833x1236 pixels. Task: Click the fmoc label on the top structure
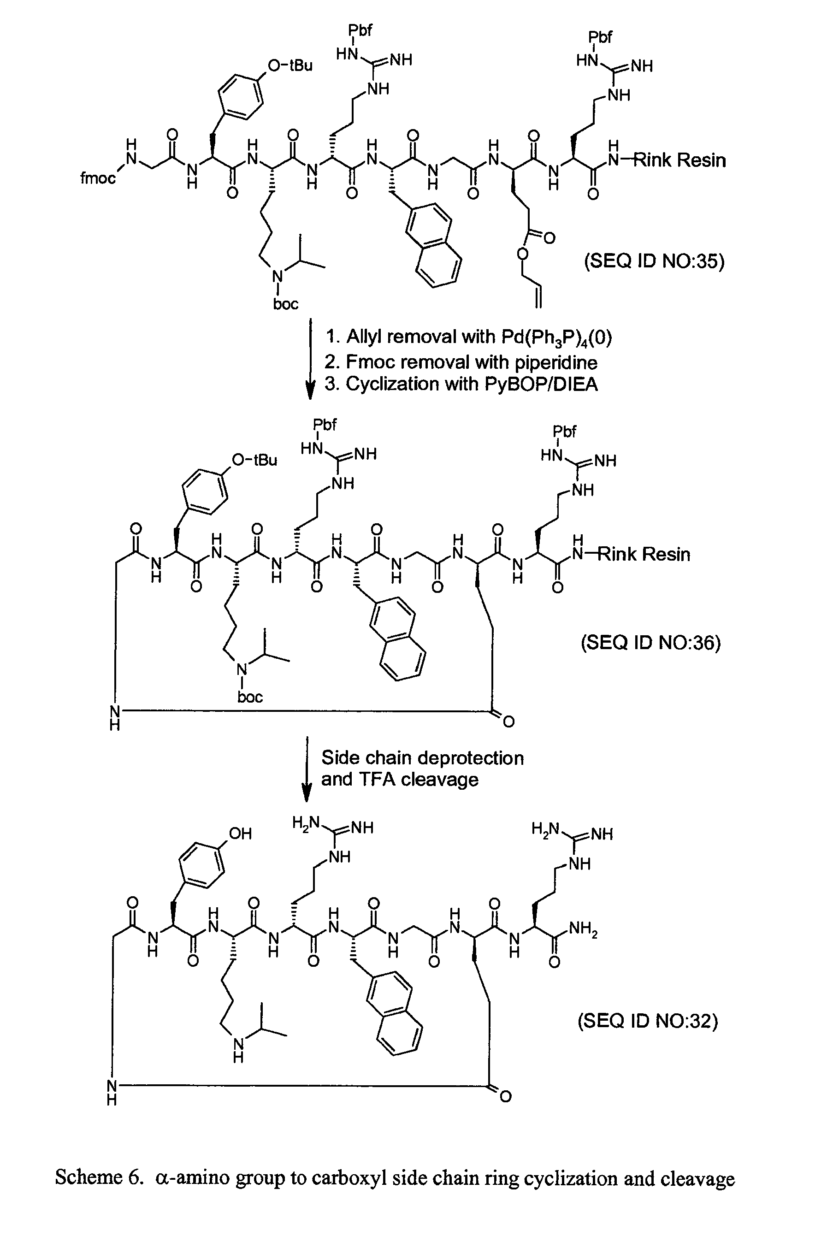98,178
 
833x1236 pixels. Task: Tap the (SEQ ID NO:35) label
654,261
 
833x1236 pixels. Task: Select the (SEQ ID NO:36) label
650,643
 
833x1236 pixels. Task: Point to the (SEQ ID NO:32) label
648,1021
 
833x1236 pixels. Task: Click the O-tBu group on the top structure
290,65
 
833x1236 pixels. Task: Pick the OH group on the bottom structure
240,834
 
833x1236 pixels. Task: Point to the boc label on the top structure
286,304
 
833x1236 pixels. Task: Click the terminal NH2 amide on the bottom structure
583,929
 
